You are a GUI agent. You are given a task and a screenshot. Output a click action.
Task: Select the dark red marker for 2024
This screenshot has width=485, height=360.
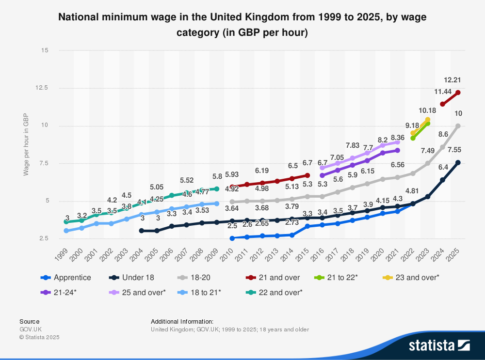pos(442,104)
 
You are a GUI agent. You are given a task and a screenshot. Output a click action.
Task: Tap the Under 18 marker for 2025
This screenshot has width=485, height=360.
pos(458,163)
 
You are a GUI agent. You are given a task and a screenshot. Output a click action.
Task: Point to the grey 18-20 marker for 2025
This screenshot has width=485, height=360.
pos(458,126)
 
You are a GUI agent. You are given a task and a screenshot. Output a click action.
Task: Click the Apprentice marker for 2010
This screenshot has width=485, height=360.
pos(232,238)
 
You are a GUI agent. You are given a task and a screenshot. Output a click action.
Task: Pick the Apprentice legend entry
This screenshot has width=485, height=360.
pos(66,278)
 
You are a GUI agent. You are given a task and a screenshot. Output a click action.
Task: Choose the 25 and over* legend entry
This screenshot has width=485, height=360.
pos(139,292)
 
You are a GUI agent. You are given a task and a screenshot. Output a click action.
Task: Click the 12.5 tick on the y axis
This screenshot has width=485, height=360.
pos(42,88)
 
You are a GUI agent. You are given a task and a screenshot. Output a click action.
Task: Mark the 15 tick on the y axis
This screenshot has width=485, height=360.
pos(45,50)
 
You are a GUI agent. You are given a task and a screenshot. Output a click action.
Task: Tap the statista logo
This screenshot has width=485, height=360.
pos(439,345)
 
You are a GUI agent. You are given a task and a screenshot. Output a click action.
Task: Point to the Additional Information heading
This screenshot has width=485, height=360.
pos(182,321)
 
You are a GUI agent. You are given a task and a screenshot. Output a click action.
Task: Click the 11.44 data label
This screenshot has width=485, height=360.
pos(443,92)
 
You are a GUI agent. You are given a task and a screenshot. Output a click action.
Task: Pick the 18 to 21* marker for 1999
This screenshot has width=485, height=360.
pos(66,231)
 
